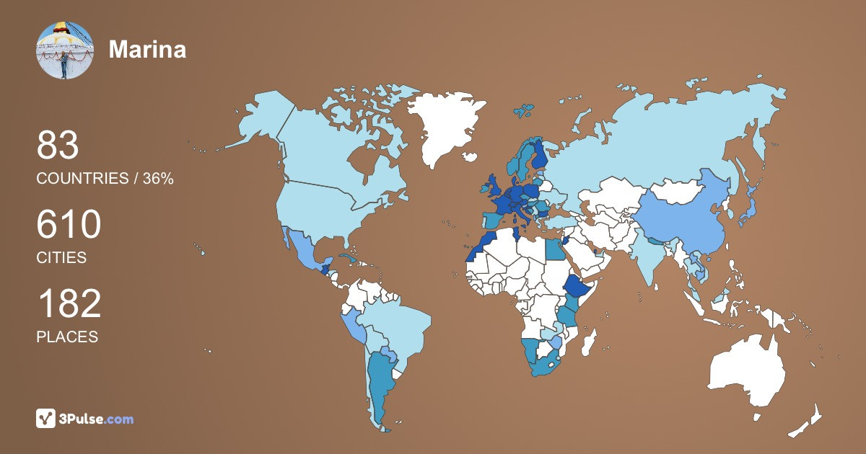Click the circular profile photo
(x=64, y=50)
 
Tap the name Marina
(x=147, y=50)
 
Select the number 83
(x=57, y=146)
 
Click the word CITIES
(x=61, y=257)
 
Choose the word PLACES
(x=67, y=337)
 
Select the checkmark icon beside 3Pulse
(x=46, y=418)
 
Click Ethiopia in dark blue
(x=577, y=286)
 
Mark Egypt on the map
(x=554, y=249)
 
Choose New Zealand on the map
(x=808, y=422)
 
